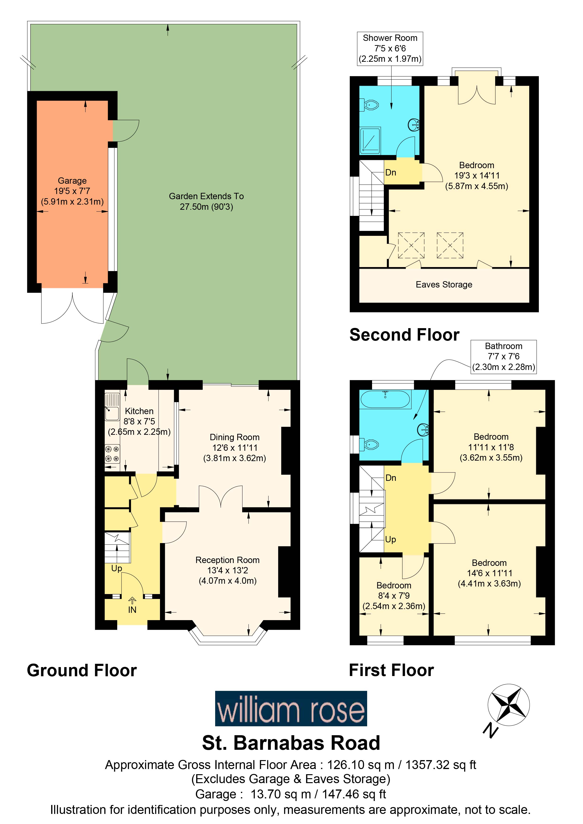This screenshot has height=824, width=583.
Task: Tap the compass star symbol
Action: pyautogui.click(x=508, y=704)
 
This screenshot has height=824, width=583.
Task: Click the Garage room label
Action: pyautogui.click(x=72, y=191)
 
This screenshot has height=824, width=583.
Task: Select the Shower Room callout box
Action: pyautogui.click(x=390, y=48)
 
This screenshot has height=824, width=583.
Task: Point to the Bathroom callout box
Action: pyautogui.click(x=503, y=356)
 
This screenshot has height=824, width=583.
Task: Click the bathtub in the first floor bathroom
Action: pyautogui.click(x=385, y=399)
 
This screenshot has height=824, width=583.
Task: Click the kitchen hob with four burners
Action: pyautogui.click(x=112, y=454)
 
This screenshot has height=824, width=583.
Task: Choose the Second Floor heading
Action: pyautogui.click(x=404, y=335)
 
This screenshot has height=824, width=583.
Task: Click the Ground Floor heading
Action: pyautogui.click(x=82, y=670)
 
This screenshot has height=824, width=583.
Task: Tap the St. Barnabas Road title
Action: pyautogui.click(x=291, y=743)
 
